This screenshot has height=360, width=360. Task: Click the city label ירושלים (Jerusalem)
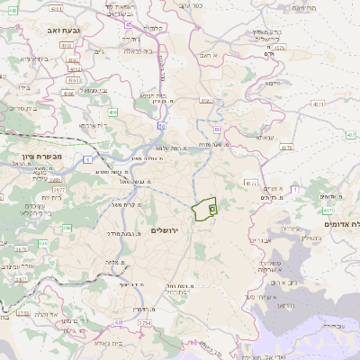pos(167,230)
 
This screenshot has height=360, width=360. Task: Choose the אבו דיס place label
pos(259,241)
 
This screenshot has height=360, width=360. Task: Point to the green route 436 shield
pos(112,112)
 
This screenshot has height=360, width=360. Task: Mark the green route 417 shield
pos(328,210)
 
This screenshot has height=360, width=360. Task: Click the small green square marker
pos(212,208)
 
